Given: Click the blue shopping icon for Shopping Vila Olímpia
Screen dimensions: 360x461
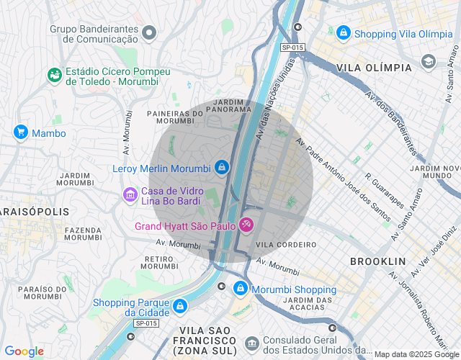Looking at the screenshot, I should click(344, 33).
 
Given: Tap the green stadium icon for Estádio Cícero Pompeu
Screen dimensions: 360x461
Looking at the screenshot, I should click(54, 75).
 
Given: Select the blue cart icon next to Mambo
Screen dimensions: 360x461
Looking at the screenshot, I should click(21, 132).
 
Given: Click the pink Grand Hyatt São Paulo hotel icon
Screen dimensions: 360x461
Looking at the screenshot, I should click(246, 226).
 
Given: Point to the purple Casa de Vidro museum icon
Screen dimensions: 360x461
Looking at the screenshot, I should click(130, 194).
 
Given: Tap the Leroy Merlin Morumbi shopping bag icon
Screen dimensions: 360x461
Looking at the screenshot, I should click(221, 168).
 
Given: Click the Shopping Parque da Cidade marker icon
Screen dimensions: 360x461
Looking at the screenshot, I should click(179, 307).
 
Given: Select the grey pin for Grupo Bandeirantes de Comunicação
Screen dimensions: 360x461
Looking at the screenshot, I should click(149, 32).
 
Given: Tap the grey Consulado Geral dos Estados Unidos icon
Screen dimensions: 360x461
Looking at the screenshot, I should click(251, 343).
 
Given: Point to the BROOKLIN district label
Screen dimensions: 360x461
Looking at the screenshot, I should click(377, 261).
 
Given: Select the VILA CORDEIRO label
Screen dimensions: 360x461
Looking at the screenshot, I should click(286, 245).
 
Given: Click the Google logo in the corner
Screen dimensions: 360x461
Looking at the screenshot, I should click(24, 351).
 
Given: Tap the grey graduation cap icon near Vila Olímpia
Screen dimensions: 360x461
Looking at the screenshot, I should click(429, 61).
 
